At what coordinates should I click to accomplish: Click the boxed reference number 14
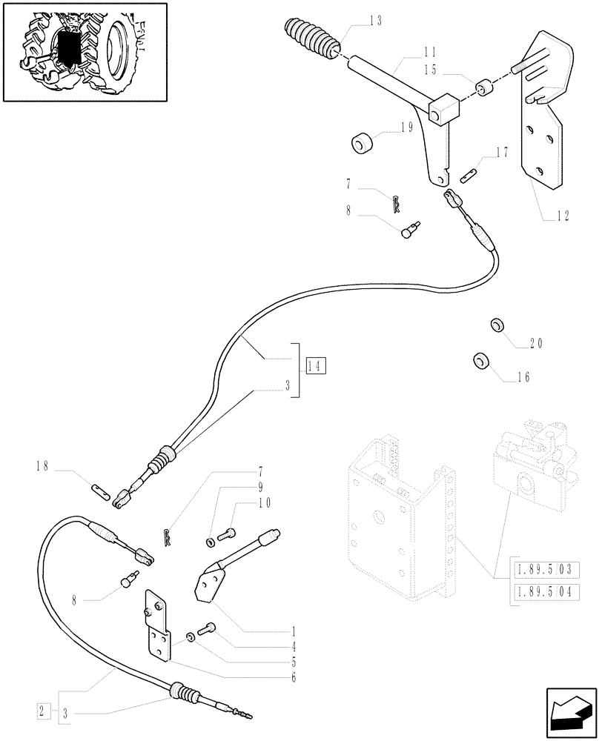pyautogui.click(x=314, y=365)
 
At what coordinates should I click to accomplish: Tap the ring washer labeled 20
pyautogui.click(x=497, y=326)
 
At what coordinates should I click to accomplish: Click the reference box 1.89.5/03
pyautogui.click(x=545, y=570)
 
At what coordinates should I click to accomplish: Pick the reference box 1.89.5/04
pyautogui.click(x=545, y=593)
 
